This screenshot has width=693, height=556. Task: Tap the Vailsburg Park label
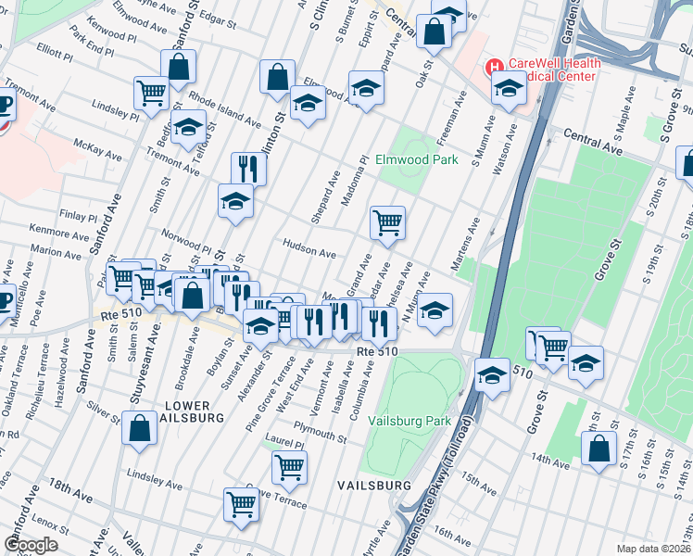[409, 421]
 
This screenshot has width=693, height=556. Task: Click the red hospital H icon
[495, 66]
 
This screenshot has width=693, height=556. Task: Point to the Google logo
[31, 544]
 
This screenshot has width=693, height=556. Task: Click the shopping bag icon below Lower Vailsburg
[139, 429]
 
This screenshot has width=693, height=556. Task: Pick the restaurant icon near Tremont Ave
[248, 168]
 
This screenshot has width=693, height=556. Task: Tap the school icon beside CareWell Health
[508, 89]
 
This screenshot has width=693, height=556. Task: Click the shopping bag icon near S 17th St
[599, 448]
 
